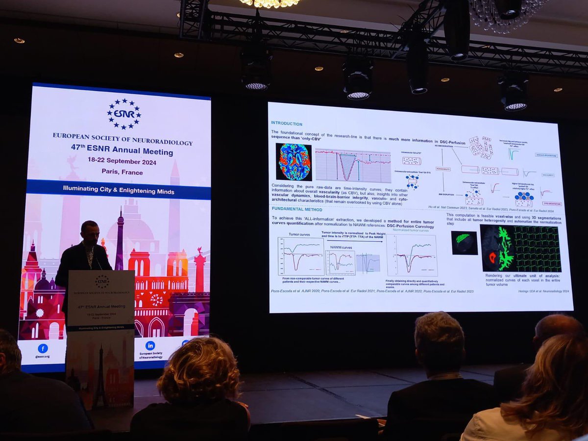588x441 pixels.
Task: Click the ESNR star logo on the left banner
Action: [x=124, y=114]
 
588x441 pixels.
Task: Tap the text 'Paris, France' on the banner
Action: [x=122, y=172]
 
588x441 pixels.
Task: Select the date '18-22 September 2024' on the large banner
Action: [x=122, y=162]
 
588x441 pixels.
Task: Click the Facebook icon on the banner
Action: [x=43, y=348]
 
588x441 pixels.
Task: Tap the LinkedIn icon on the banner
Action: [x=150, y=345]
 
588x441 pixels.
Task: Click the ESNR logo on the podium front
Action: [x=102, y=281]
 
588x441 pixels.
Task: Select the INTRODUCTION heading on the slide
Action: [x=287, y=124]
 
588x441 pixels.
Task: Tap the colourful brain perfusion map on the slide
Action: [x=294, y=162]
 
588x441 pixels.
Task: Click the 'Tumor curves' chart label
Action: [x=299, y=235]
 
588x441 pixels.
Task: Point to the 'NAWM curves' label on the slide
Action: [x=341, y=247]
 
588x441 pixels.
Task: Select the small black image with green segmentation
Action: [x=464, y=243]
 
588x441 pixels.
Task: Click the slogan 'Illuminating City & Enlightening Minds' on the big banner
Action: [x=119, y=191]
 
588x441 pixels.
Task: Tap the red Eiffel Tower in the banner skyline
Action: [x=120, y=240]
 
